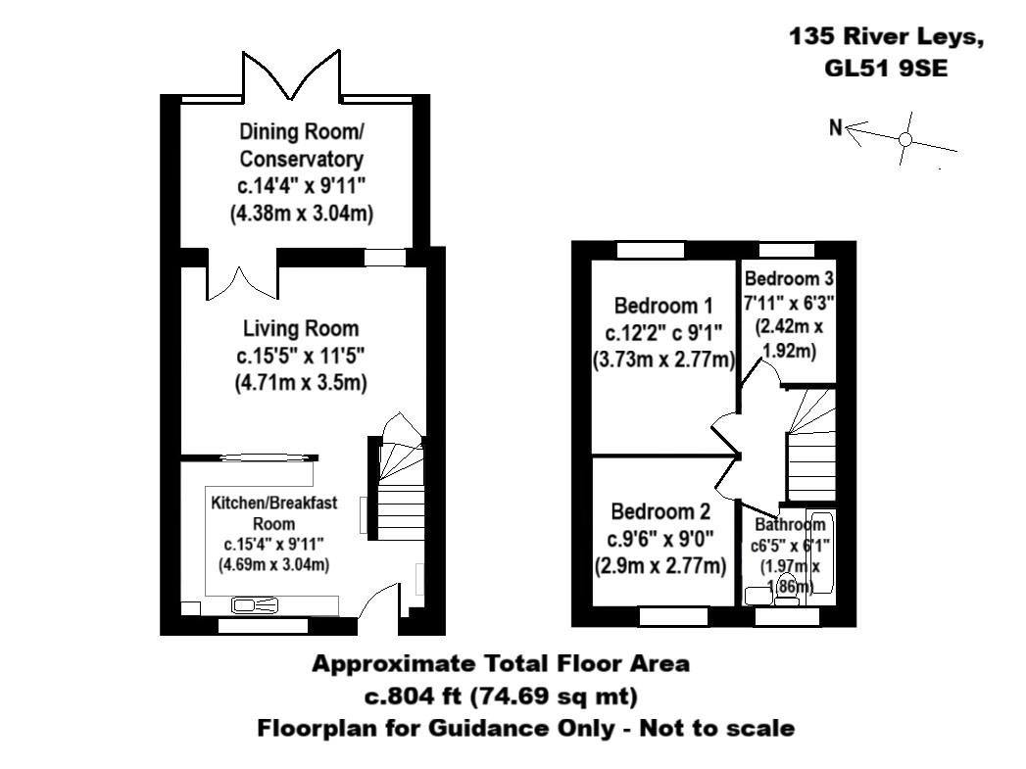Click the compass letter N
coord(835,127)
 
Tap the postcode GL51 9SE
coord(886,69)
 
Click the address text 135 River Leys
coord(886,37)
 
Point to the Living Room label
coord(301,328)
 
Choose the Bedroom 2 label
coord(660,511)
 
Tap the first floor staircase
coord(808,446)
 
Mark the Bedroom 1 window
coord(650,250)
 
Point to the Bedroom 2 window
coord(673,616)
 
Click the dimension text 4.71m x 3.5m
coord(301,383)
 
